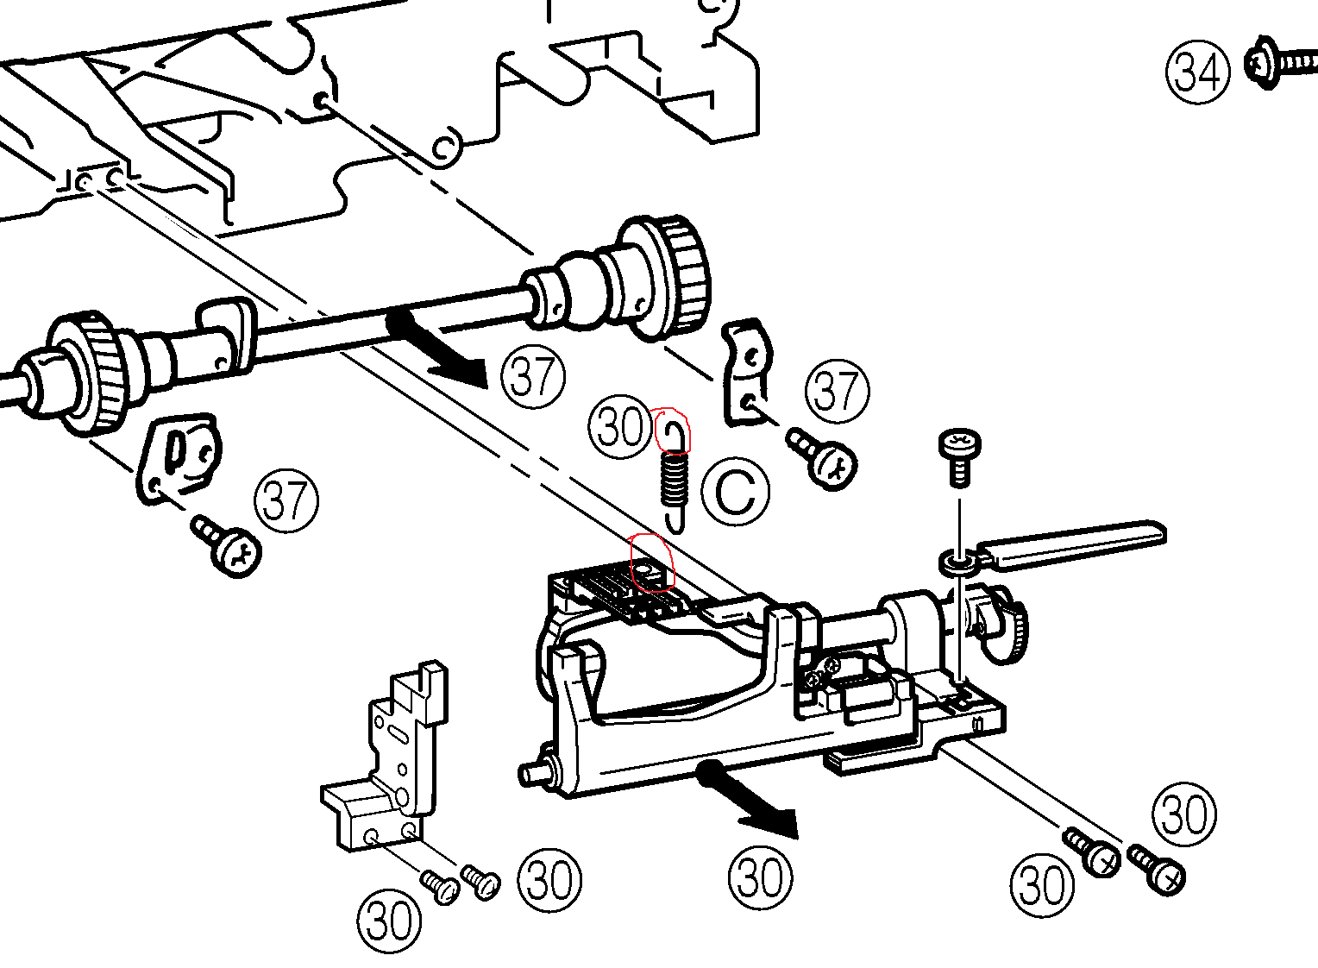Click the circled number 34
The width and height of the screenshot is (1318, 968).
(1198, 72)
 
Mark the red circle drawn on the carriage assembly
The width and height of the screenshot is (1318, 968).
(651, 563)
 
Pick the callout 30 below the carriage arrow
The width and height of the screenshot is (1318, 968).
(760, 877)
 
